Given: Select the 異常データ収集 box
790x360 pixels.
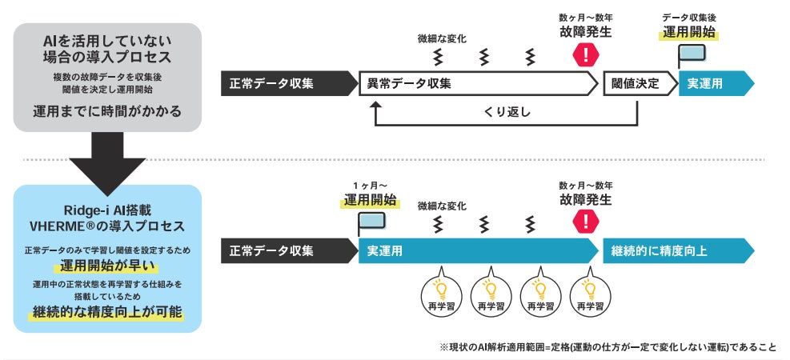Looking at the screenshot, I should [x=477, y=83].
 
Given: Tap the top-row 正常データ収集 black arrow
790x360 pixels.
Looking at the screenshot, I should [x=287, y=83].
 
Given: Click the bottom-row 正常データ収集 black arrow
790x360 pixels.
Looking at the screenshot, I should [x=287, y=250].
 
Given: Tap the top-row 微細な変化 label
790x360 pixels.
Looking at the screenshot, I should [x=441, y=38].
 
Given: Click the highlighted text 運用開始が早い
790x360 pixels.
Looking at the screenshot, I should [x=107, y=267].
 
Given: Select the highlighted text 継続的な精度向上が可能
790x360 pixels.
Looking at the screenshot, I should [x=107, y=312].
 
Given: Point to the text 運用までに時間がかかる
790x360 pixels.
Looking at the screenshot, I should [x=107, y=110].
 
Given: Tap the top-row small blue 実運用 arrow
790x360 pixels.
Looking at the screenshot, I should [x=714, y=83].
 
